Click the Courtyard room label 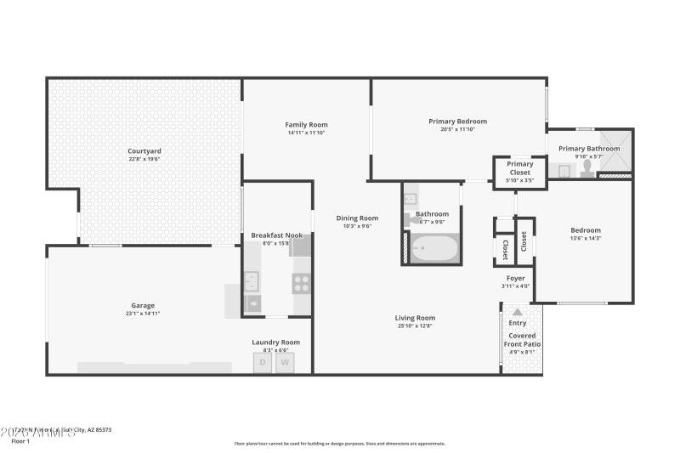[144, 151]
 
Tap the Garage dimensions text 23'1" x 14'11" [143, 314]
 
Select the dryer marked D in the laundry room [263, 362]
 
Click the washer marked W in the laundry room [286, 362]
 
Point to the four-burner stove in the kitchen [302, 284]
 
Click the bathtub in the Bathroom [433, 250]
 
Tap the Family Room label [306, 125]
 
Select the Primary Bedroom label [457, 122]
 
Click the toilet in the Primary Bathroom [586, 168]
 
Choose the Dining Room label [357, 218]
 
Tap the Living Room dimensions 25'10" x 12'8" [415, 326]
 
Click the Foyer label [516, 278]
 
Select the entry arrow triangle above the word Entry [517, 313]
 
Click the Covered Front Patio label [523, 340]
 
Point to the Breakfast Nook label [276, 235]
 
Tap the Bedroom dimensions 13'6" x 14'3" [585, 239]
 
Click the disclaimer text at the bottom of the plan [340, 443]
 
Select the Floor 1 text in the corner [20, 441]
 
